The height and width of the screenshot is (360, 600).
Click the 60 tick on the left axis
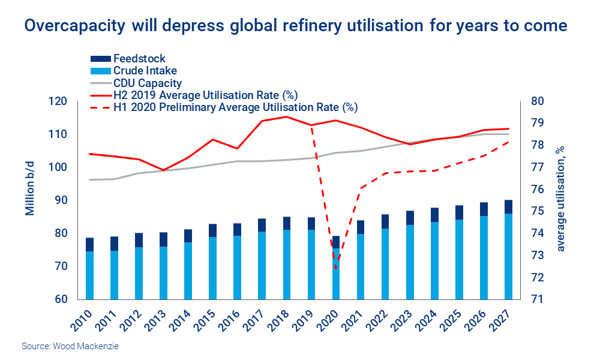(x=62, y=299)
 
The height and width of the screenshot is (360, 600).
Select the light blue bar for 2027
(x=508, y=257)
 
